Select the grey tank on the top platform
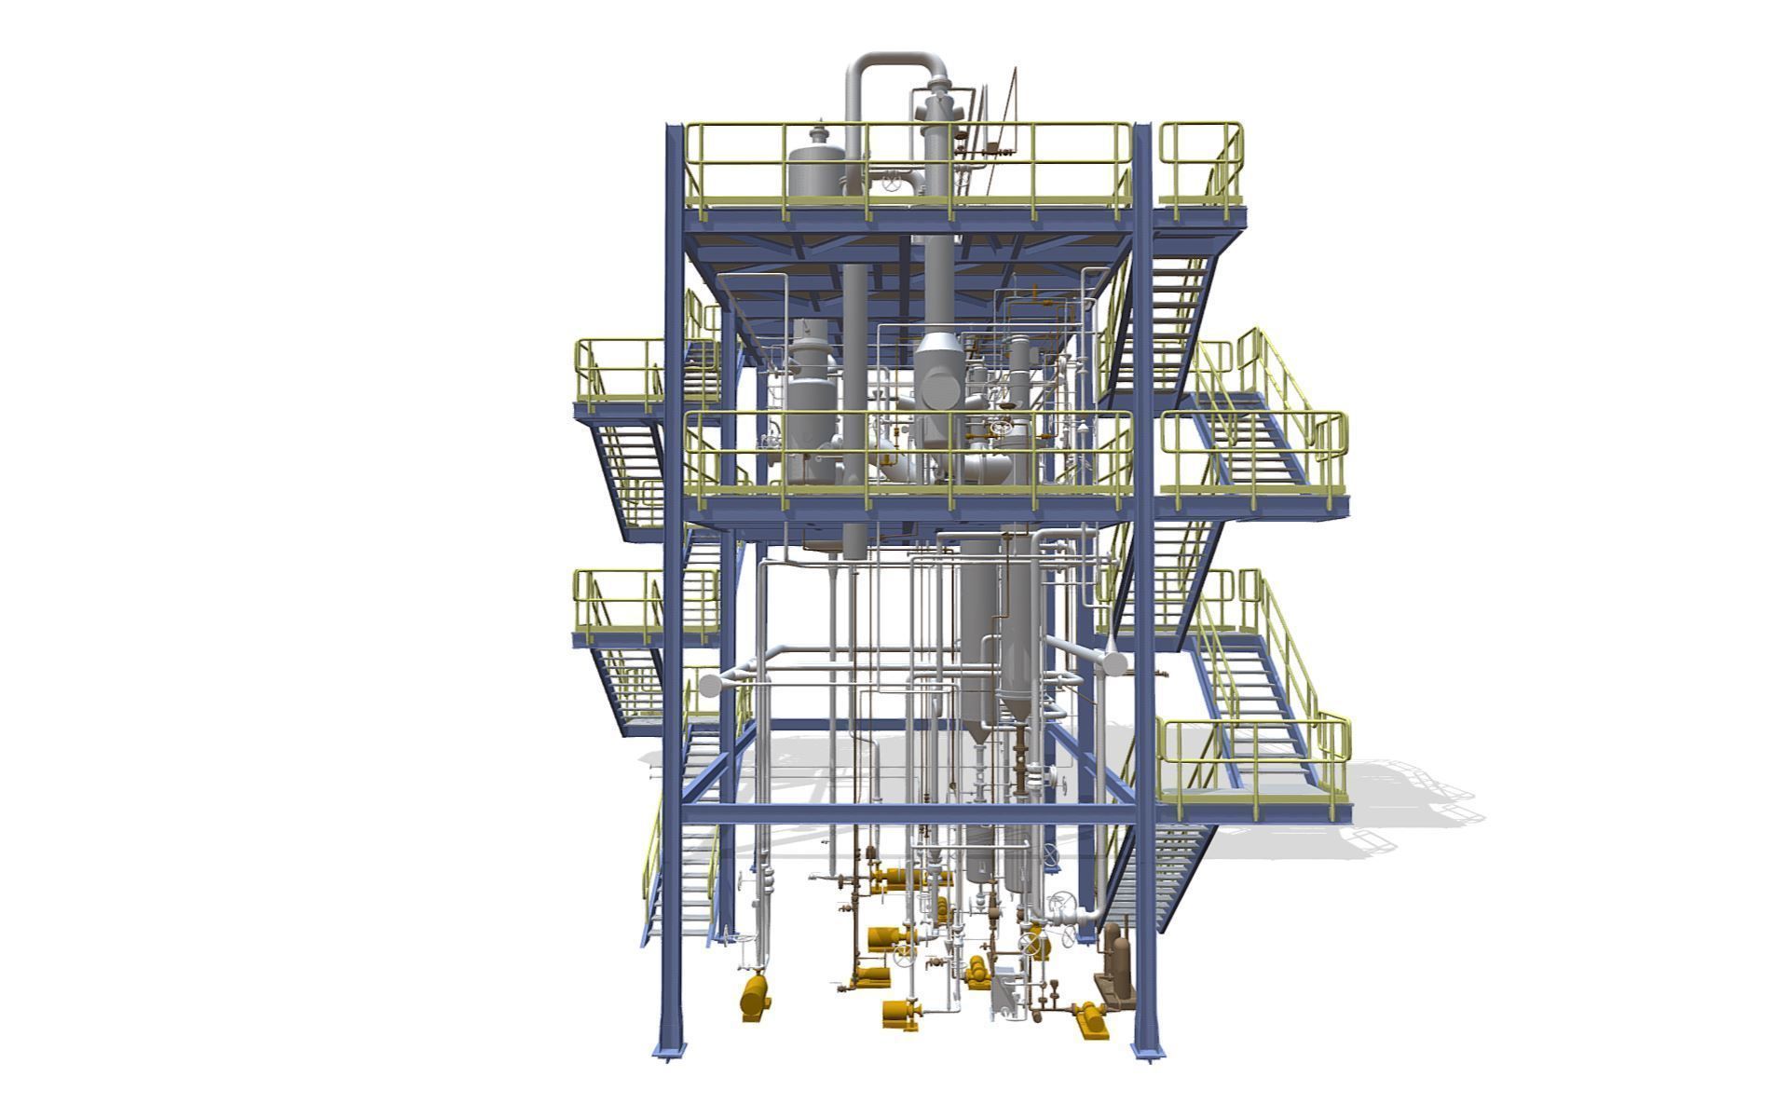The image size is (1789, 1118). coord(816,170)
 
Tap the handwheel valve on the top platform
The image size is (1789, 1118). coord(895,184)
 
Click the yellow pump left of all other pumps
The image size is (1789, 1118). coord(754,998)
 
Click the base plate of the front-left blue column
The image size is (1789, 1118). coord(669,1051)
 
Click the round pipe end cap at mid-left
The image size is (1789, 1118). coord(711,687)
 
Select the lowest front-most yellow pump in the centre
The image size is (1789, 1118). coord(901,1014)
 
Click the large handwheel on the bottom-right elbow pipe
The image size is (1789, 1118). coord(1061,907)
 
